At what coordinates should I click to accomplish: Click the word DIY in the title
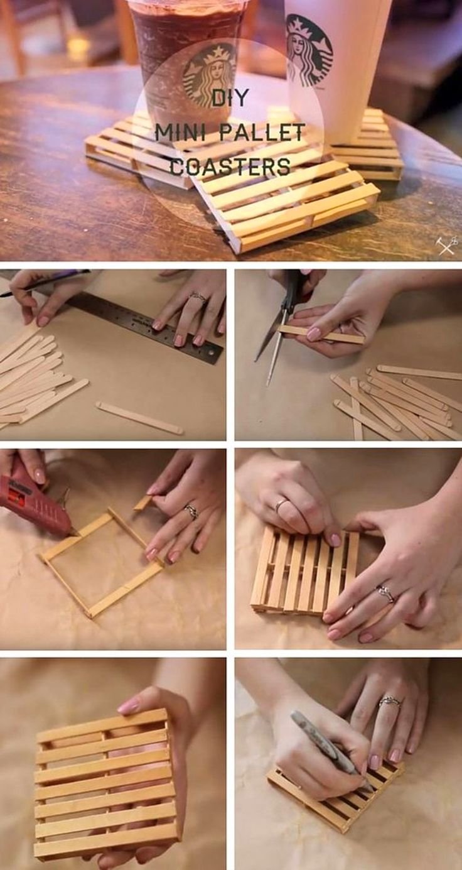coord(230,97)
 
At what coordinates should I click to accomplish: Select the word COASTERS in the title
coord(230,167)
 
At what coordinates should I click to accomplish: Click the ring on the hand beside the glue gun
coord(191,511)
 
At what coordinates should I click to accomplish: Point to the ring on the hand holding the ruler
coord(198,297)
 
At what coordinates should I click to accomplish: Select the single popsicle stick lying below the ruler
coord(139,418)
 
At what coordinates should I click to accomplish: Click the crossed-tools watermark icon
coord(446,245)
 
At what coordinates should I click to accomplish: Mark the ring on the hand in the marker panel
coord(389,702)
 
